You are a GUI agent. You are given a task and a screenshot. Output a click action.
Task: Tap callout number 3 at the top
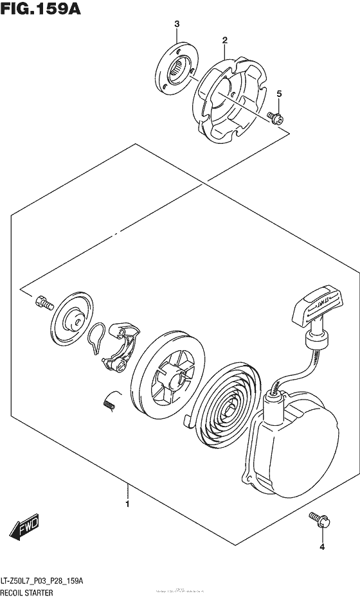(175, 24)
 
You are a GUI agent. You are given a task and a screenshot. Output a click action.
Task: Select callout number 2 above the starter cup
(224, 40)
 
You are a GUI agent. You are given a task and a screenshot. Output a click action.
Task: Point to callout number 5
(279, 94)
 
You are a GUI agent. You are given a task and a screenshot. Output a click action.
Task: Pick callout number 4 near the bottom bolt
(322, 547)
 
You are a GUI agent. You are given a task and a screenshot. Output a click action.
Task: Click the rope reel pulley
(168, 379)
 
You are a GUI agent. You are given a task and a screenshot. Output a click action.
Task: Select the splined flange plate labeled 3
(177, 67)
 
